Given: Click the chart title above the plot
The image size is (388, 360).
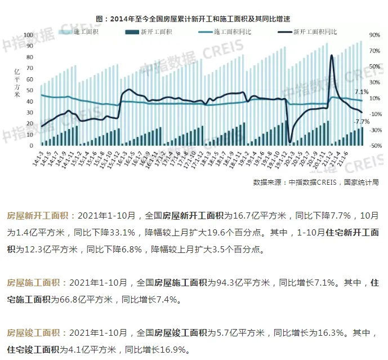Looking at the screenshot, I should pos(193,19).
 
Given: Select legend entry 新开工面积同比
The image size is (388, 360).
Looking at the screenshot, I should pos(315,33).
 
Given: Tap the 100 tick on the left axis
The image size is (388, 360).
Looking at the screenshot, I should pos(29,35).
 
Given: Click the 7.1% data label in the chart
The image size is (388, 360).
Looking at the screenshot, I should pos(362,92).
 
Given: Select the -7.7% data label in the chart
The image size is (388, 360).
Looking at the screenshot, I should pos(362,122).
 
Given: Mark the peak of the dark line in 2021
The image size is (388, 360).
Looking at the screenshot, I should pos(332,55).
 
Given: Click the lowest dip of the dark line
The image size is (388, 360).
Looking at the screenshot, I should pos(290,142).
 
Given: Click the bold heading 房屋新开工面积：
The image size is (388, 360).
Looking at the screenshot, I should pos(37,216).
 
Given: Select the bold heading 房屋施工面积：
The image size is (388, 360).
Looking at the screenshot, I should pos(37,282).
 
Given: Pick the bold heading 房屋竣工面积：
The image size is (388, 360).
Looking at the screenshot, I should pos(37,333).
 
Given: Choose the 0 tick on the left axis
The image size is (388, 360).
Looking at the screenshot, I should pos(33,145).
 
